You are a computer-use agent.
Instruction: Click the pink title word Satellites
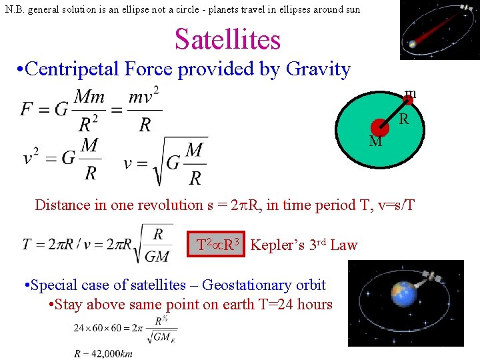click(x=227, y=39)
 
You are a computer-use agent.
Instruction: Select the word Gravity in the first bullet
click(x=318, y=69)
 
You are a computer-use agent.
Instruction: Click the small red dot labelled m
click(x=409, y=101)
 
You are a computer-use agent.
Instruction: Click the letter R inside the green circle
click(x=404, y=120)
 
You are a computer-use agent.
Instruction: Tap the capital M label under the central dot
click(x=375, y=141)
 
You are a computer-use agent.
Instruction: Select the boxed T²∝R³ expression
click(x=218, y=245)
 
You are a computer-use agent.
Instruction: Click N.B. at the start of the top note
click(x=15, y=9)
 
